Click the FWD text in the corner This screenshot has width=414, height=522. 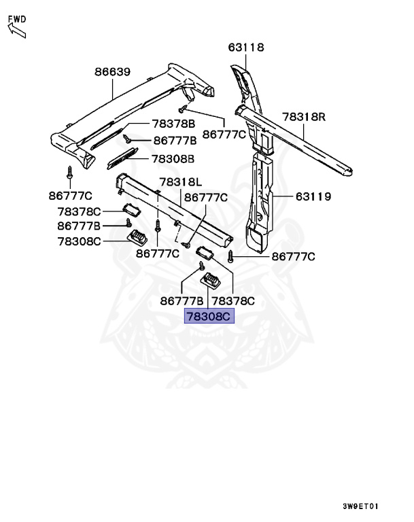click(17, 18)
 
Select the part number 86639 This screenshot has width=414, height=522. click(112, 71)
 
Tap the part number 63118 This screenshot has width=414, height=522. click(245, 48)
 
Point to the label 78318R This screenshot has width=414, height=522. click(305, 117)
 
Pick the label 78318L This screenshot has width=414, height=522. click(181, 182)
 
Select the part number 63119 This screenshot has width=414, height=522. click(313, 197)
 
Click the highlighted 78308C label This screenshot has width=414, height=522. click(209, 317)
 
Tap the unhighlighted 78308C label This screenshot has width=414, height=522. click(79, 240)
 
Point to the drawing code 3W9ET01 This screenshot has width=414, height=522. click(360, 506)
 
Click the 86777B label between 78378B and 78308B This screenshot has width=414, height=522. click(175, 141)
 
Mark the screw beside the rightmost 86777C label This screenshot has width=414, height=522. click(231, 256)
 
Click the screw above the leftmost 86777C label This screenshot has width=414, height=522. click(69, 170)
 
